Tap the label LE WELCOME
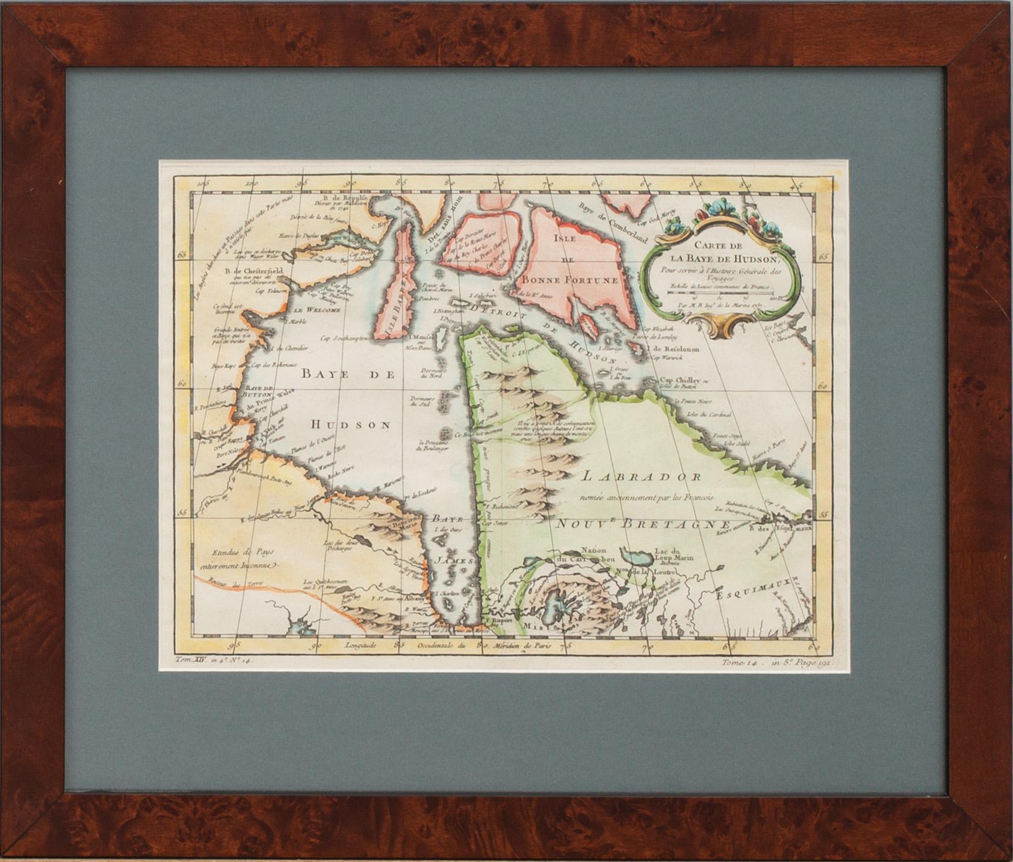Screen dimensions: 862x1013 [317, 310]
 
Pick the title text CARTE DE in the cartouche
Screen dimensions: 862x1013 [718, 245]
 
